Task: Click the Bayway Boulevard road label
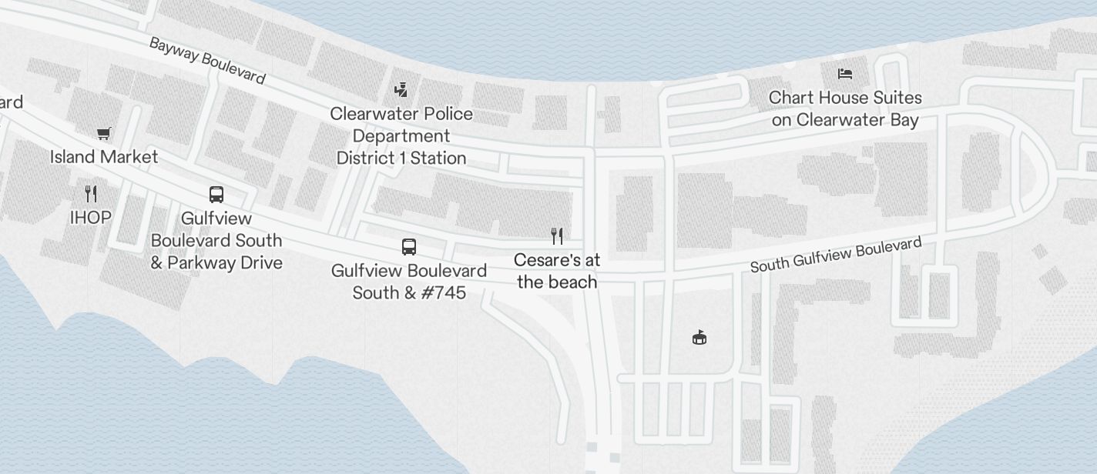pyautogui.click(x=207, y=60)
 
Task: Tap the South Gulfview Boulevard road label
pyautogui.click(x=836, y=255)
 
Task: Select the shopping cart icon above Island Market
pyautogui.click(x=104, y=134)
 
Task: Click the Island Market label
pyautogui.click(x=104, y=157)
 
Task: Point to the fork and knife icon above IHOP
pyautogui.click(x=91, y=193)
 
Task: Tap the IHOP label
pyautogui.click(x=91, y=218)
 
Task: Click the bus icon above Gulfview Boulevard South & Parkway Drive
pyautogui.click(x=216, y=195)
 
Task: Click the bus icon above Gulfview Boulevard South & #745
pyautogui.click(x=409, y=247)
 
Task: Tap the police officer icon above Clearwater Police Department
pyautogui.click(x=401, y=90)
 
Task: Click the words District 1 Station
pyautogui.click(x=401, y=159)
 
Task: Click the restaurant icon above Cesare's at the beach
pyautogui.click(x=557, y=236)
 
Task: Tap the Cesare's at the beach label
pyautogui.click(x=557, y=271)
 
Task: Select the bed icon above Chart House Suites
pyautogui.click(x=845, y=74)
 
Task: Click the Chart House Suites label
pyautogui.click(x=845, y=98)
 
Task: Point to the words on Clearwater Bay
pyautogui.click(x=845, y=120)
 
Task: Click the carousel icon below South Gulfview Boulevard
pyautogui.click(x=699, y=337)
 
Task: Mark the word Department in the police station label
pyautogui.click(x=401, y=136)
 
